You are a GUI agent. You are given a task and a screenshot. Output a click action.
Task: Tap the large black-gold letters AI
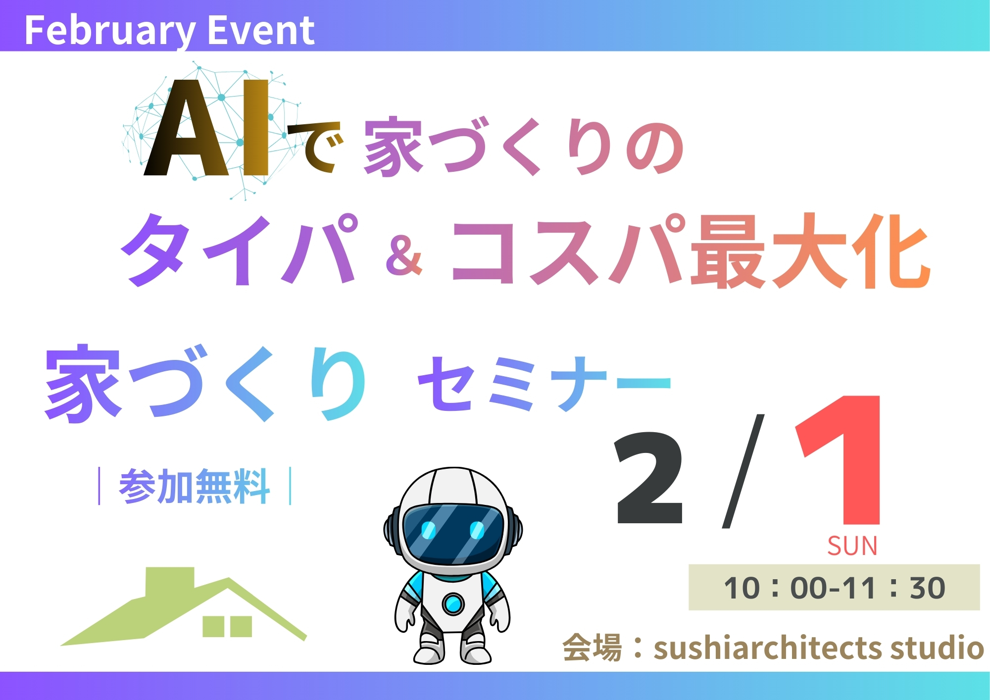point(207,128)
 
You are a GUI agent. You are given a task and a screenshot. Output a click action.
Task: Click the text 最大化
point(811,251)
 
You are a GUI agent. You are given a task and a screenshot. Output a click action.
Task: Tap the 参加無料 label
point(195,486)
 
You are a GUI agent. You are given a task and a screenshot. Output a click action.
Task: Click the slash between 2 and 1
point(743,470)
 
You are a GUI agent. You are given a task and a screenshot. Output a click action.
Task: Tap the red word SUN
point(852,546)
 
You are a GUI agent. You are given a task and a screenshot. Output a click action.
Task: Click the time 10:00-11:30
point(835,588)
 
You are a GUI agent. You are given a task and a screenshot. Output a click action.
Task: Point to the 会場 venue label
point(592,648)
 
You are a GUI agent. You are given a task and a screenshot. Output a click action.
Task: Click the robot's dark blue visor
point(453,533)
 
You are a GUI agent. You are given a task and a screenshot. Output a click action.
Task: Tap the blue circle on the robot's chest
point(452,603)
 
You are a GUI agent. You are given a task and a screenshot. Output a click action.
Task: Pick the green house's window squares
point(227,626)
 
